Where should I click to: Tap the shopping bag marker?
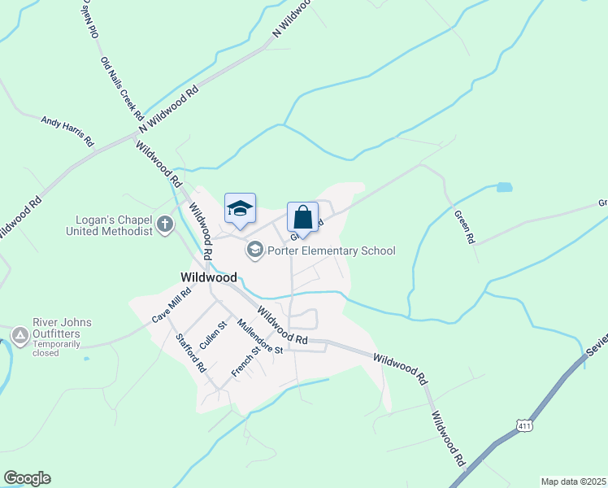pyautogui.click(x=302, y=218)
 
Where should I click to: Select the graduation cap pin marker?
pyautogui.click(x=240, y=209)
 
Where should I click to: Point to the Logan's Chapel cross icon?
pyautogui.click(x=165, y=224)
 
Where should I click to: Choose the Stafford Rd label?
pyautogui.click(x=189, y=351)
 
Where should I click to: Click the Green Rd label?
pyautogui.click(x=464, y=227)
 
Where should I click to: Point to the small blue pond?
pyautogui.click(x=504, y=187)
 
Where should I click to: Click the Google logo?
pyautogui.click(x=27, y=478)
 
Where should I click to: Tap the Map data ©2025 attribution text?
pyautogui.click(x=573, y=481)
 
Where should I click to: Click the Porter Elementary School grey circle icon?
pyautogui.click(x=255, y=250)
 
